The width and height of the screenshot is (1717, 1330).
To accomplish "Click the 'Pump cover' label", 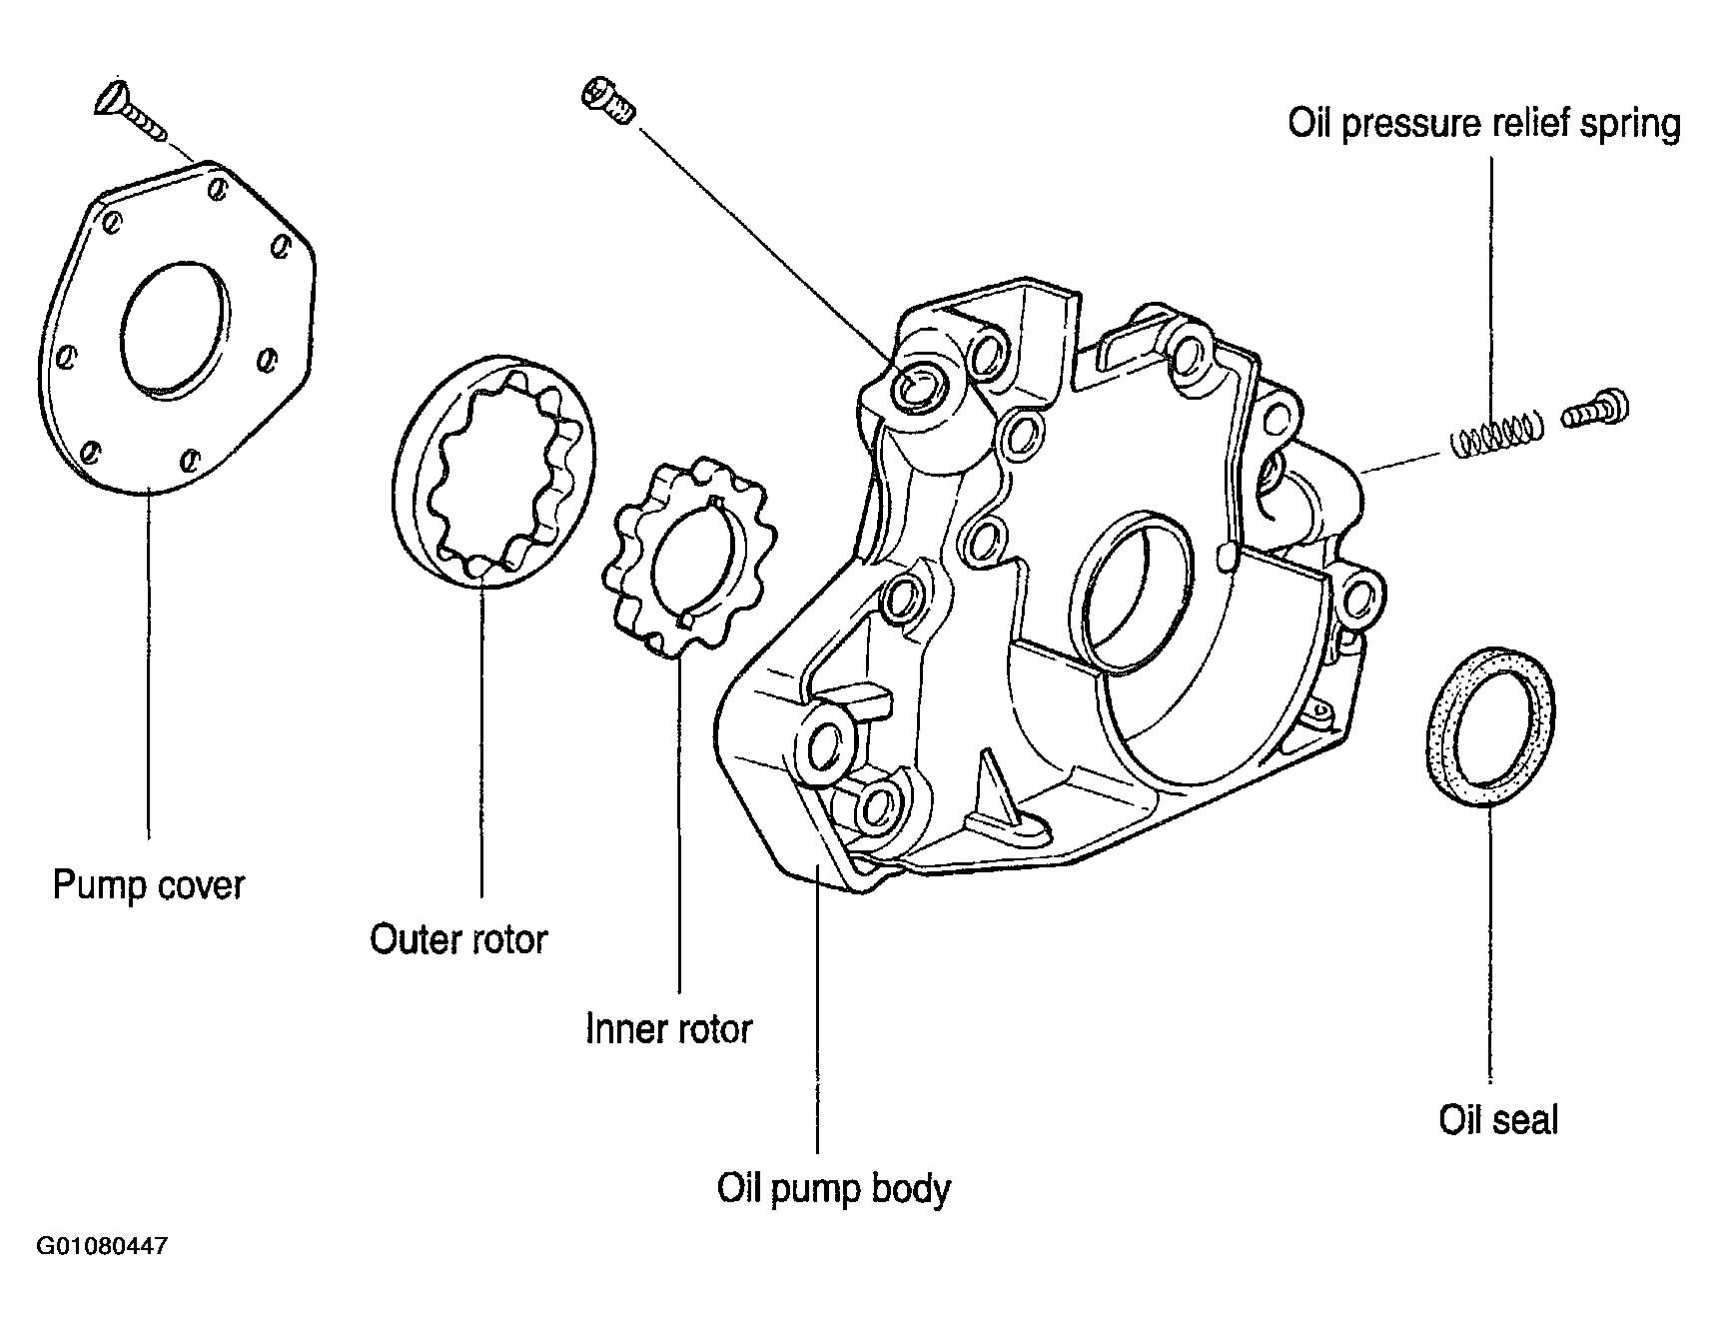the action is pos(148,885).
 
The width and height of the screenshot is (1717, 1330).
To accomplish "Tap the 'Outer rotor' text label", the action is pos(458,939).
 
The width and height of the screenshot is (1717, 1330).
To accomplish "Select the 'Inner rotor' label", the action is pos(668,1029).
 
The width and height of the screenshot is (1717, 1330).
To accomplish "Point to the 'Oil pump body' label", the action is pos(833,1189).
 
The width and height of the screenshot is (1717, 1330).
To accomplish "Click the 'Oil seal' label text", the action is pos(1498,1119).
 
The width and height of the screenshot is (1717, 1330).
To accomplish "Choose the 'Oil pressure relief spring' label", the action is pos(1484,125).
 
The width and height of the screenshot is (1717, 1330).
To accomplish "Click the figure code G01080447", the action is pos(102,1247).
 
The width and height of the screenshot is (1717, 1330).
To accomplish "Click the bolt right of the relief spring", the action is pos(1594,409).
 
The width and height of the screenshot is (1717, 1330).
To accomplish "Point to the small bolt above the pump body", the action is pos(607,101).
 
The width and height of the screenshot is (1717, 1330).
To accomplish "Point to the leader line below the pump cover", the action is pos(148,665).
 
